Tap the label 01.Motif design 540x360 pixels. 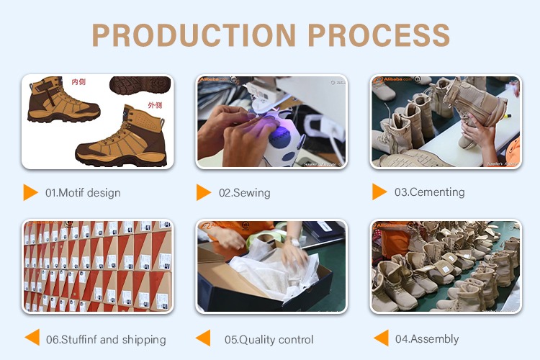(x=83, y=193)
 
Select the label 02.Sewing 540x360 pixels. (x=245, y=193)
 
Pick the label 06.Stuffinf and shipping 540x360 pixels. (x=106, y=340)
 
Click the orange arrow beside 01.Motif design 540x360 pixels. (x=30, y=192)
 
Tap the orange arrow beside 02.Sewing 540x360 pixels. (x=204, y=192)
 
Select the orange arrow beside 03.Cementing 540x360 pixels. (x=379, y=192)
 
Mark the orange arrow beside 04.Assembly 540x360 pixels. (x=381, y=338)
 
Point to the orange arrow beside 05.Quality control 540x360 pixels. (x=204, y=338)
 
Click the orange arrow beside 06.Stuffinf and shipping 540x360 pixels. (x=31, y=338)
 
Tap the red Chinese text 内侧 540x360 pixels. (x=78, y=83)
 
